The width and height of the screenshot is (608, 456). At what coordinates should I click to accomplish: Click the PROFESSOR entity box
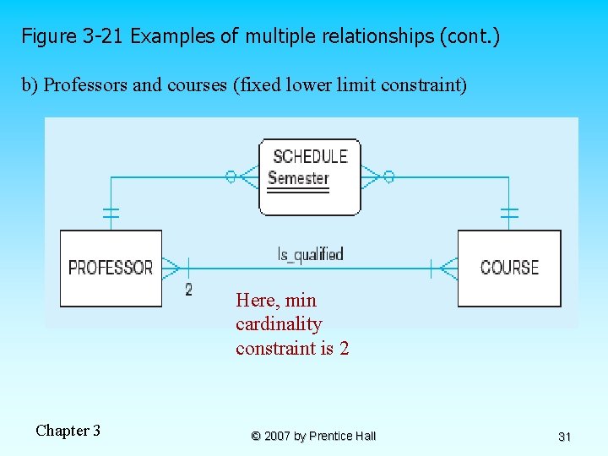111,268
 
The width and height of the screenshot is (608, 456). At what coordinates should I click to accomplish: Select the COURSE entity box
509,268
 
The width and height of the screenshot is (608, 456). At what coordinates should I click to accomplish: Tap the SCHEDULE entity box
310,177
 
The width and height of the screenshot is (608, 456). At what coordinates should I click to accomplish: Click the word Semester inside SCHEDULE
298,178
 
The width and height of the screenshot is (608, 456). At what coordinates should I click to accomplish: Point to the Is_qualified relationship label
310,253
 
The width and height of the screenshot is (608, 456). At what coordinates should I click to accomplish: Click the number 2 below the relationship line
188,290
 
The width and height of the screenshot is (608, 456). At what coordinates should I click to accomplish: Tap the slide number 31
565,437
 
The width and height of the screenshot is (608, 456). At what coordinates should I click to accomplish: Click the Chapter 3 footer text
68,431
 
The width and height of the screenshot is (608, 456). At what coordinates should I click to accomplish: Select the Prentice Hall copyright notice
313,436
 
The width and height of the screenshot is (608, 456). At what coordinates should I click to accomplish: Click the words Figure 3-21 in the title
73,37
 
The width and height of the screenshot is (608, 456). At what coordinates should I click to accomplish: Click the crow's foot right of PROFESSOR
171,268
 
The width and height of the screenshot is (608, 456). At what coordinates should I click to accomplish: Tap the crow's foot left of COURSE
448,269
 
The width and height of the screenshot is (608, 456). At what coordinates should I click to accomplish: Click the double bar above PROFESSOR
111,213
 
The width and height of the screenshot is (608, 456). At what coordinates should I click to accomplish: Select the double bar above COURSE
509,213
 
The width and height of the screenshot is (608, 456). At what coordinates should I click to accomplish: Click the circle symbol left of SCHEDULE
230,176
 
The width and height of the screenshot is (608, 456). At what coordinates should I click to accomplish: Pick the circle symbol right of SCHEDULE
388,176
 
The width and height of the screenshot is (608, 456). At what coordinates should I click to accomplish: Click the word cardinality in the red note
279,324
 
